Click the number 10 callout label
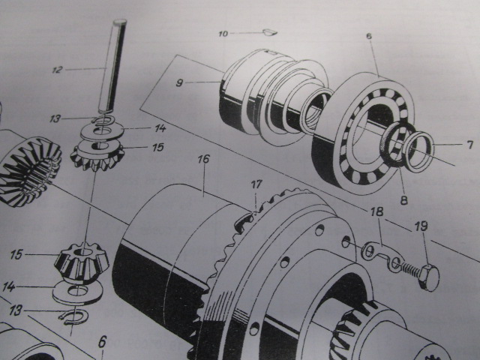click(223, 33)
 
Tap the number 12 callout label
click(58, 70)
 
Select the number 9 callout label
click(180, 82)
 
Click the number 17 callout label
click(256, 184)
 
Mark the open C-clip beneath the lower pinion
click(73, 316)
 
